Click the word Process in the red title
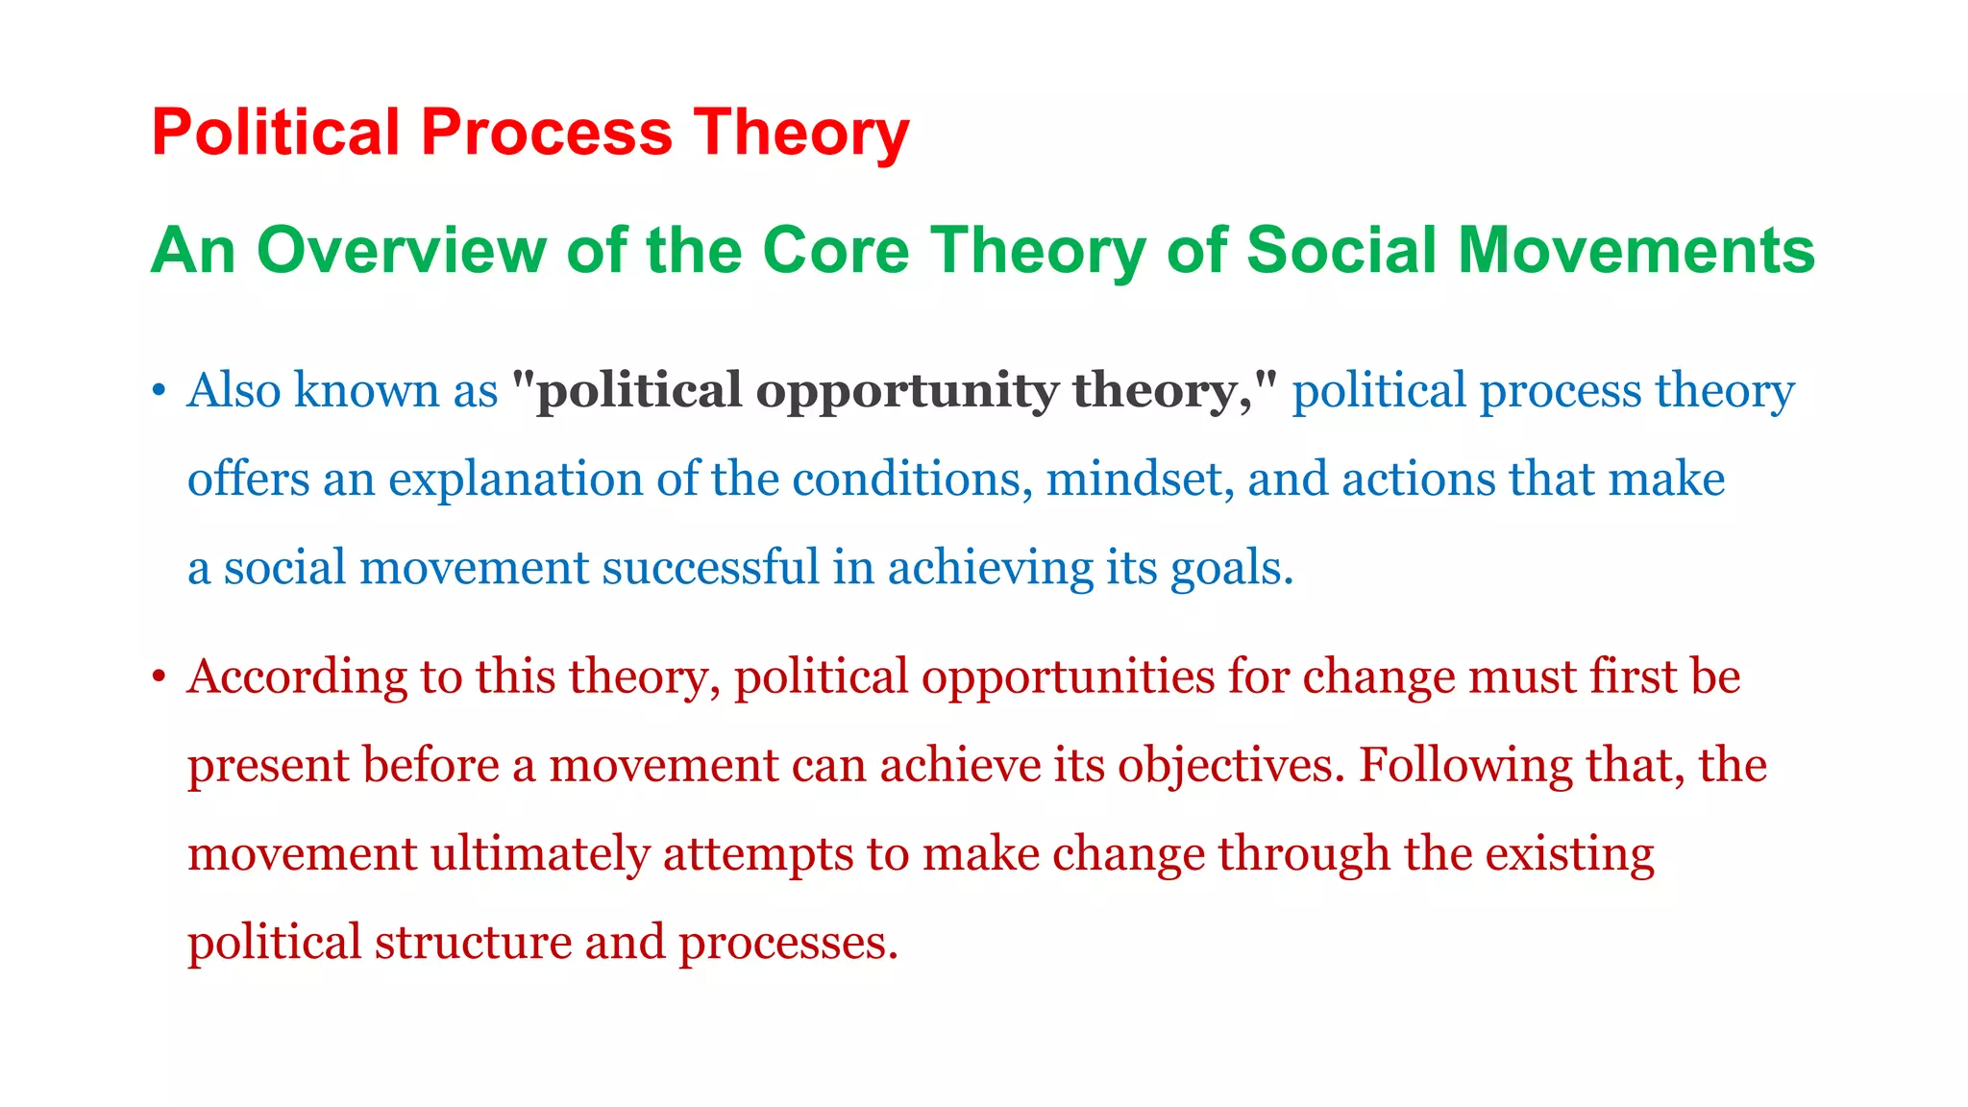[x=546, y=132]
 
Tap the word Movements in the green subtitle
[x=1636, y=251]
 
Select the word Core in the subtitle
[x=835, y=251]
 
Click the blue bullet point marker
[x=160, y=392]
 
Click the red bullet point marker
[x=160, y=677]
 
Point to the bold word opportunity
[x=906, y=392]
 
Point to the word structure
[x=473, y=942]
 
